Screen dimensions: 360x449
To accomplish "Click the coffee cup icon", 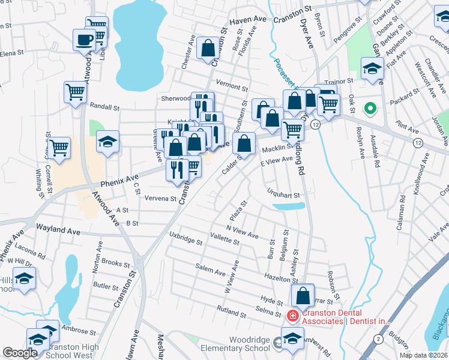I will pyautogui.click(x=83, y=40).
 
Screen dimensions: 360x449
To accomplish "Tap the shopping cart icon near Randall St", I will pyautogui.click(x=75, y=92).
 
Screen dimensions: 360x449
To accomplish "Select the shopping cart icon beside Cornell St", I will pyautogui.click(x=59, y=147).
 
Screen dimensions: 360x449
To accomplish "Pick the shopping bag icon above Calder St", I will pyautogui.click(x=244, y=143).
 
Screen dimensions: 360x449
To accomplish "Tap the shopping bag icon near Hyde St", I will pyautogui.click(x=303, y=295).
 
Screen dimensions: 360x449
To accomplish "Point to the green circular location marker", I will pyautogui.click(x=370, y=109).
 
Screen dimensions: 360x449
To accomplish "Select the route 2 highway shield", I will pyautogui.click(x=378, y=340).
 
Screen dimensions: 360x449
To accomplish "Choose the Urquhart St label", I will pyautogui.click(x=283, y=194).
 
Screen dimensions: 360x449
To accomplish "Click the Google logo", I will pyautogui.click(x=20, y=353).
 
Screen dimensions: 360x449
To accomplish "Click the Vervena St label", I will pyautogui.click(x=160, y=199).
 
